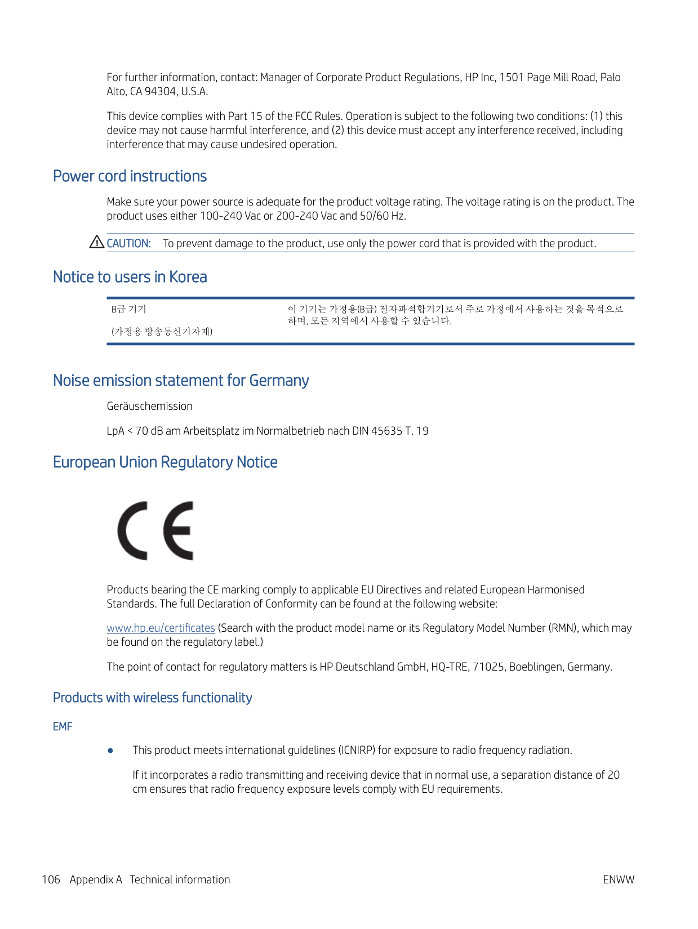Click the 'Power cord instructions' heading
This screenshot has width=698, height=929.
click(130, 176)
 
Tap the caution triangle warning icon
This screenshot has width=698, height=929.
click(96, 242)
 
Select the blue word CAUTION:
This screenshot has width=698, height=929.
click(128, 243)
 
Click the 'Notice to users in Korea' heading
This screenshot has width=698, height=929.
click(130, 277)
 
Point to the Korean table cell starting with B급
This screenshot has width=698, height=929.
click(129, 309)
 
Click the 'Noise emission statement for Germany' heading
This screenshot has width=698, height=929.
click(180, 381)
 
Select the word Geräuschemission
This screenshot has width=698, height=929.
click(149, 406)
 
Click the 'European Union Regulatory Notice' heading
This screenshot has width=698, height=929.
click(165, 462)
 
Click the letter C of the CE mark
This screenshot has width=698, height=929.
click(133, 530)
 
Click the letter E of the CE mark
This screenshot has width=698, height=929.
click(179, 530)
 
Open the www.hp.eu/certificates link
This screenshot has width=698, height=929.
click(161, 628)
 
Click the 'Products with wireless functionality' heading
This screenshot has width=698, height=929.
click(152, 698)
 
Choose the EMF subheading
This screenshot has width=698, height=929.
click(63, 726)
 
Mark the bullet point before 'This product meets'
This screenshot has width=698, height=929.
click(110, 751)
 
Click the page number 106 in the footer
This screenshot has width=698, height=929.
click(51, 879)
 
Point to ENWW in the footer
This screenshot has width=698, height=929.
click(618, 879)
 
